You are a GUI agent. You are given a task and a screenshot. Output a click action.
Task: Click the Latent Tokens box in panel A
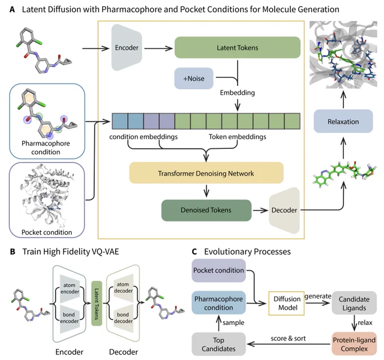click(x=237, y=47)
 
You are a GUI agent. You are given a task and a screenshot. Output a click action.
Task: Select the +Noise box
click(x=194, y=78)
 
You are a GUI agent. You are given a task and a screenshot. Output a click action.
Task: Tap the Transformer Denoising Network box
click(x=206, y=173)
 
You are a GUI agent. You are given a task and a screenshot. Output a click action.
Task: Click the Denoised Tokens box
click(x=206, y=210)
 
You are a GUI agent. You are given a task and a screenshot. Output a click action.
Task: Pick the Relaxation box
click(x=343, y=121)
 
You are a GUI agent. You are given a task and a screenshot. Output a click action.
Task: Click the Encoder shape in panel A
click(x=127, y=47)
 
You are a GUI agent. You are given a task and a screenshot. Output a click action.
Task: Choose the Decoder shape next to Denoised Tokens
click(x=284, y=210)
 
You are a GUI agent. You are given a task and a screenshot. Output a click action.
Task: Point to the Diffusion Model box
click(x=286, y=303)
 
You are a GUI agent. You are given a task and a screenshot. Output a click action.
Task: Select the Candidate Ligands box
click(x=354, y=303)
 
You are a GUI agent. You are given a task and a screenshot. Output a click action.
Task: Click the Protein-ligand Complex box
click(x=354, y=344)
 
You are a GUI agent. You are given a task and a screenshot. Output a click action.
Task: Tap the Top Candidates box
click(x=219, y=344)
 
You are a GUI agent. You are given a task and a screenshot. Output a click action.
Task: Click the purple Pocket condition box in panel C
click(x=219, y=270)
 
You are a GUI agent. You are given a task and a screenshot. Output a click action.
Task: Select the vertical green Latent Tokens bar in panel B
click(x=97, y=303)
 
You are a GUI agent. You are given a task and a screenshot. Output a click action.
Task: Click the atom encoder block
click(x=70, y=288)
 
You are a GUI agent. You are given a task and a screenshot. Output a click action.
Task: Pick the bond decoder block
click(x=123, y=318)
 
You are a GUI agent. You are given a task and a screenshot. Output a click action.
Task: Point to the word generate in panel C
click(x=318, y=296)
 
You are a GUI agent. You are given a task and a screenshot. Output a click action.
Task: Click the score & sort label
click(x=288, y=339)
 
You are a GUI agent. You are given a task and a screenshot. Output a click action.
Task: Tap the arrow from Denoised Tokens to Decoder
click(x=260, y=210)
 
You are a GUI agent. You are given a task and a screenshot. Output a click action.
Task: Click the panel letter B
click(x=12, y=252)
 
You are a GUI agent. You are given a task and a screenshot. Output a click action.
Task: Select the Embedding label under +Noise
click(x=237, y=93)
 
